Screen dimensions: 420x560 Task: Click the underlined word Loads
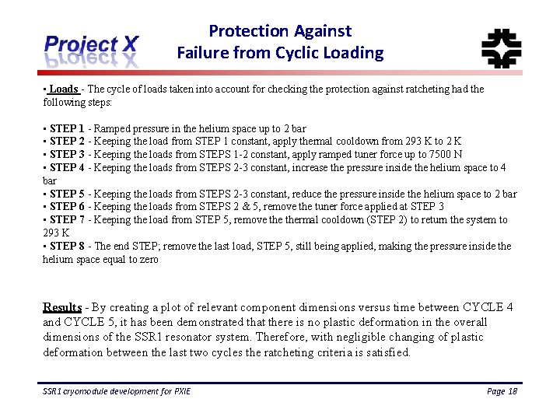click(x=64, y=89)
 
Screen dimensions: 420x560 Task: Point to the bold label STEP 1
click(x=67, y=128)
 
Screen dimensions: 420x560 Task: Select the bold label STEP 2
click(x=67, y=142)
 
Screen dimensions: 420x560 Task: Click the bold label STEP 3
click(x=67, y=155)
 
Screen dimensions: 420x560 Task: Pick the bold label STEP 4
click(x=67, y=168)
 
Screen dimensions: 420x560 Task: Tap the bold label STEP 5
click(x=67, y=194)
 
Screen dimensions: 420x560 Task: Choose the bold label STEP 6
click(x=67, y=207)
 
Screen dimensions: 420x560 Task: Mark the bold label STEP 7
click(x=67, y=220)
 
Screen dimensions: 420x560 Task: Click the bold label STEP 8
click(x=67, y=247)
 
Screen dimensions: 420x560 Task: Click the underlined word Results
click(x=62, y=307)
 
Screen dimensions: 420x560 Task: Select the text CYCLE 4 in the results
click(x=488, y=307)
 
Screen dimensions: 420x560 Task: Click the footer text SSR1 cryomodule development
click(x=117, y=391)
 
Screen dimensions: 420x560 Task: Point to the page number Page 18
click(x=502, y=391)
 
